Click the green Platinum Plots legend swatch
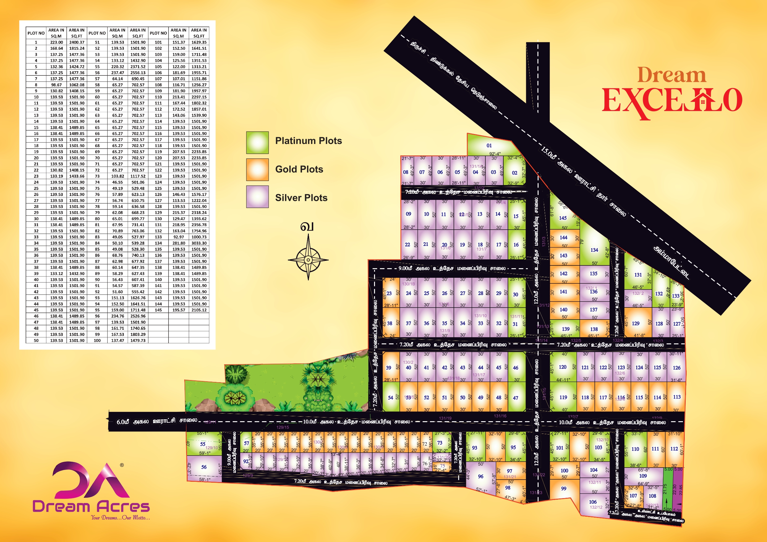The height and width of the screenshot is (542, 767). pyautogui.click(x=257, y=142)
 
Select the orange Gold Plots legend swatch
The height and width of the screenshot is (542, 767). pyautogui.click(x=257, y=170)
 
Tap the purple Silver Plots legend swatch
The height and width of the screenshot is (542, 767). pyautogui.click(x=257, y=197)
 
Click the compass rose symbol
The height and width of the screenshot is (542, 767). pyautogui.click(x=308, y=260)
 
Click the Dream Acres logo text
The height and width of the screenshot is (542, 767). pyautogui.click(x=91, y=506)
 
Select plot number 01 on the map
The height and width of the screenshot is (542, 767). pyautogui.click(x=489, y=146)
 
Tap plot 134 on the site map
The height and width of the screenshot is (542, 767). pyautogui.click(x=594, y=250)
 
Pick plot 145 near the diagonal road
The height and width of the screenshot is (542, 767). pyautogui.click(x=563, y=218)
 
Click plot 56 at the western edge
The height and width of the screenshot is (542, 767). pyautogui.click(x=204, y=467)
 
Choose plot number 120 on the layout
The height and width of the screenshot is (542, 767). pyautogui.click(x=563, y=367)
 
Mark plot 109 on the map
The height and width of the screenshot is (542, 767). pyautogui.click(x=643, y=476)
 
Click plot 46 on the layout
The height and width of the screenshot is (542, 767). pyautogui.click(x=516, y=368)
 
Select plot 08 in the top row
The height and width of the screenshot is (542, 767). pyautogui.click(x=406, y=172)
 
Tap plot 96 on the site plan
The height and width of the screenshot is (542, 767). pyautogui.click(x=480, y=476)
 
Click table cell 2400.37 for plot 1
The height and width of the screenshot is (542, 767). pyautogui.click(x=77, y=42)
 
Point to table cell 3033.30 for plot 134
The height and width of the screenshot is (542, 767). pyautogui.click(x=199, y=243)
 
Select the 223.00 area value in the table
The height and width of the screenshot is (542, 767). pyautogui.click(x=57, y=42)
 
